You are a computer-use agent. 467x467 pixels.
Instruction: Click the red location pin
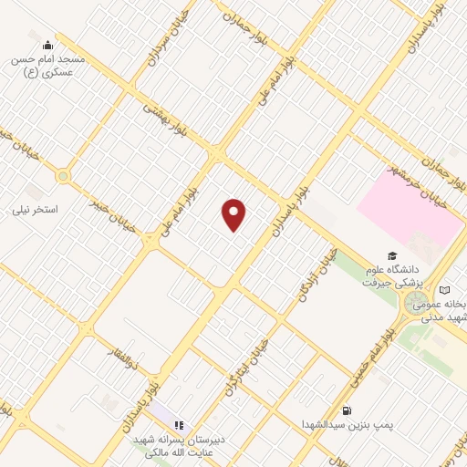pos(234,214)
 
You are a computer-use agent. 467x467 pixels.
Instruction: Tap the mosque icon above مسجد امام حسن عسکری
pos(47,44)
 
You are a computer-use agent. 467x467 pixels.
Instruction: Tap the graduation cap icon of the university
pos(392,256)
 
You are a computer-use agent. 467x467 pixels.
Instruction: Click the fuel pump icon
pos(346,410)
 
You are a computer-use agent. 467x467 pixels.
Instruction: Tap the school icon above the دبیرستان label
pos(179,424)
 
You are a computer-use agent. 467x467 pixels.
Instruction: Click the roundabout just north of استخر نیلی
pos(63,176)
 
